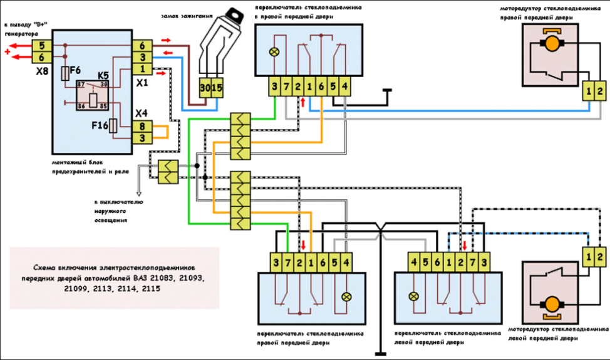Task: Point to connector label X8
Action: point(41,72)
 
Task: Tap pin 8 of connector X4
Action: point(142,126)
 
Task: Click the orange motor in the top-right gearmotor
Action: point(552,44)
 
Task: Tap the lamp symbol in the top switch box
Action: point(274,53)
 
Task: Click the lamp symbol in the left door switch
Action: point(413,296)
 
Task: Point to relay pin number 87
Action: point(81,84)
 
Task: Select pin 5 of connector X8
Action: point(41,46)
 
